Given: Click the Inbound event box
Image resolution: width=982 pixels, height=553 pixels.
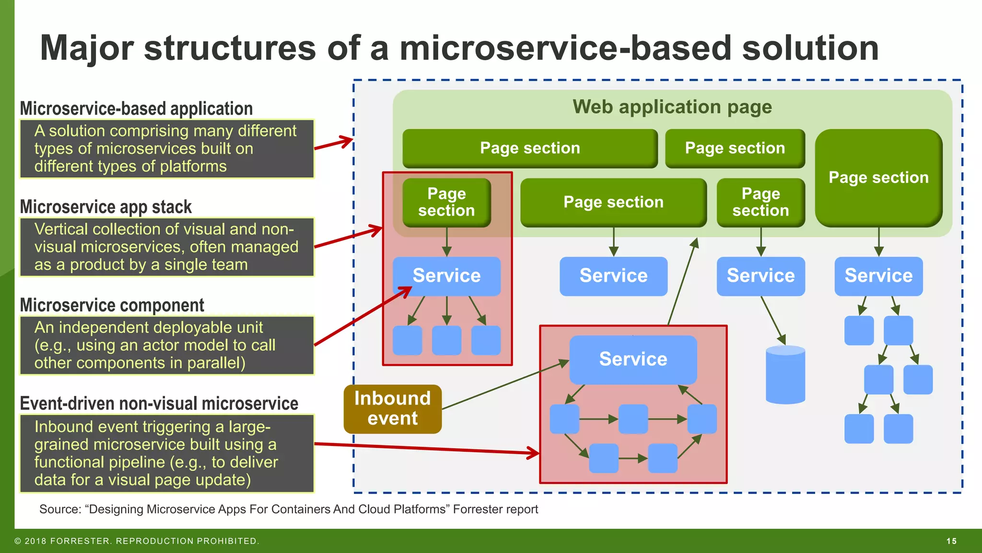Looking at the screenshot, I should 392,409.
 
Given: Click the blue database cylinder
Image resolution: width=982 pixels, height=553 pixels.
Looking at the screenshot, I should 785,375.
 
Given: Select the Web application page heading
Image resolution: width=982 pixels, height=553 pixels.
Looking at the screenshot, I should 672,107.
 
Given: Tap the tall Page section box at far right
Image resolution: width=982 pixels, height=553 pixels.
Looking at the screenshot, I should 878,178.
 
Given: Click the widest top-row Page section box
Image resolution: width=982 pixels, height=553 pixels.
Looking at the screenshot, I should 530,148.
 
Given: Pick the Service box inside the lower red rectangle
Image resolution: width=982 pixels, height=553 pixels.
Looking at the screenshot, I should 633,359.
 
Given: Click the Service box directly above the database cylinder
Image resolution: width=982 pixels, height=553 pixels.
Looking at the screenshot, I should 760,276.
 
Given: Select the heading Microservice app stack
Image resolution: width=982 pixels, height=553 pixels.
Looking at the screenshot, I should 105,207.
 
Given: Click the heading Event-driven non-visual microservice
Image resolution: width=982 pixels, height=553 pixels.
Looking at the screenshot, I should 159,404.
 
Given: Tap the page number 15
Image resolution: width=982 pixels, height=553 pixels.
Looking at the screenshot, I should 951,541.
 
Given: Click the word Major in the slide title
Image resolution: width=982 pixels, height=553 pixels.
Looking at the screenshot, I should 87,48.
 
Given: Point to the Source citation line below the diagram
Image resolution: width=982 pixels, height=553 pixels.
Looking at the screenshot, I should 288,509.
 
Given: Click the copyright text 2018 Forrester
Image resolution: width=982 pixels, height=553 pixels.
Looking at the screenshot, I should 137,541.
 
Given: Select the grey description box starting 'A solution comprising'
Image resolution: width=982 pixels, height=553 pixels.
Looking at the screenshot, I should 166,149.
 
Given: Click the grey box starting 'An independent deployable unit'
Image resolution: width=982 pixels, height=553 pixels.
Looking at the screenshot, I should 166,345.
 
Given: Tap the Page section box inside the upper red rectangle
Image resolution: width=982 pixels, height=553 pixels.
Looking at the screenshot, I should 446,202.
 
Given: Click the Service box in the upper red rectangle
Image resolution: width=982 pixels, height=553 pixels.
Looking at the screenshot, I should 446,276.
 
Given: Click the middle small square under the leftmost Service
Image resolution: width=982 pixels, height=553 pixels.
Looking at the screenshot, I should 446,340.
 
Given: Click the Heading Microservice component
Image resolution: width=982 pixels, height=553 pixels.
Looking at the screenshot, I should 112,305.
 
